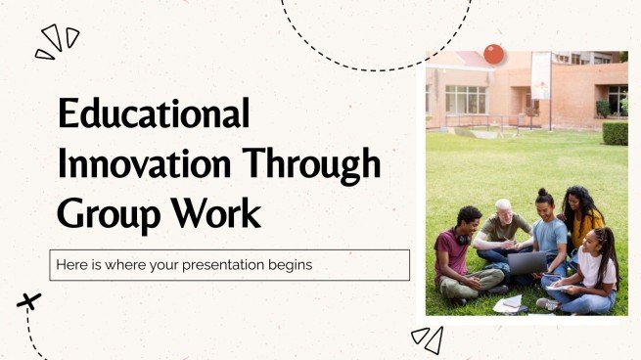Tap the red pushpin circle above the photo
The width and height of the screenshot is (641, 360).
pyautogui.click(x=494, y=54)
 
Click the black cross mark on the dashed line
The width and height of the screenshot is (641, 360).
pyautogui.click(x=28, y=301)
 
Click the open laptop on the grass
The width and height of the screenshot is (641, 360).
pyautogui.click(x=528, y=262)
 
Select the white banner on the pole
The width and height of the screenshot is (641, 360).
pyautogui.click(x=541, y=75)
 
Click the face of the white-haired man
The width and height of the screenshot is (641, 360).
pyautogui.click(x=503, y=210)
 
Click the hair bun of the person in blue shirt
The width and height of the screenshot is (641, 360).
pyautogui.click(x=542, y=194)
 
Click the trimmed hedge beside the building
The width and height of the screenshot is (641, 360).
pyautogui.click(x=615, y=132)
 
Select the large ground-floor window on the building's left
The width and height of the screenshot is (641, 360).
pyautogui.click(x=466, y=99)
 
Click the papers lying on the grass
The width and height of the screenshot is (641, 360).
pyautogui.click(x=509, y=303)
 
